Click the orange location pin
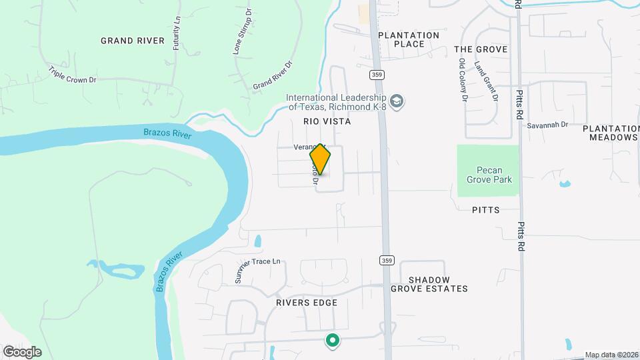[x=320, y=159]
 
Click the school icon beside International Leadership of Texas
[x=397, y=102]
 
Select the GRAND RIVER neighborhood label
[x=133, y=41]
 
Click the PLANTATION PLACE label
[x=409, y=39]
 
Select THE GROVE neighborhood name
[x=481, y=49]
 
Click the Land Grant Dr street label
[x=487, y=81]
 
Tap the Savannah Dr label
[x=547, y=125]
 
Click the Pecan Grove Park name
[x=487, y=171]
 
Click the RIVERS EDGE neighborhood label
[x=307, y=303]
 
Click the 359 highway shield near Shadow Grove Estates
[x=387, y=259]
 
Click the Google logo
[x=21, y=351]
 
